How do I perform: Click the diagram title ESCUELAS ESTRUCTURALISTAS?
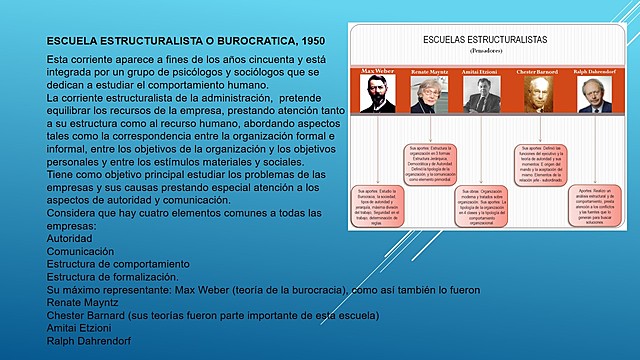tap(485, 39)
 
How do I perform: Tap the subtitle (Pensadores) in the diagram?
tap(485, 49)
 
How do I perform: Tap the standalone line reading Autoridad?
tap(71, 238)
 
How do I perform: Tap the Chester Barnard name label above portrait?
tap(542, 73)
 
